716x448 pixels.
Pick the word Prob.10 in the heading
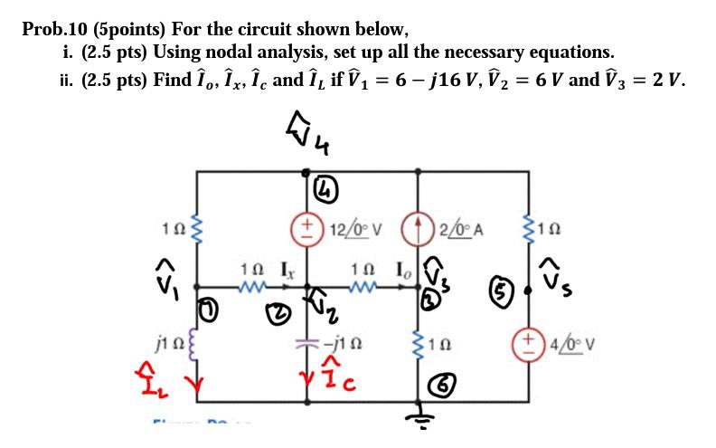click(60, 28)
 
